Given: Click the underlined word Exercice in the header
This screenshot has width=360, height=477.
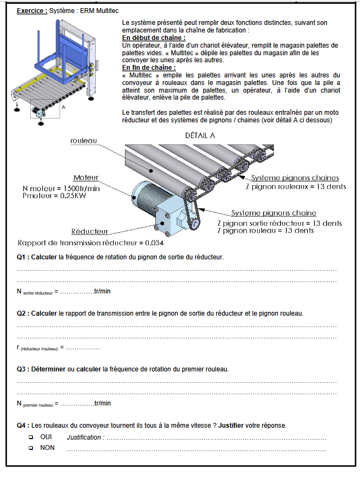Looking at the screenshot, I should coord(31,10).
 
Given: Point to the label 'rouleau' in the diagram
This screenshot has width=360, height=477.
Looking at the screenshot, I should coord(83,141).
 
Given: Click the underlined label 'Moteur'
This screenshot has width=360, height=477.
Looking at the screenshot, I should coord(86,178).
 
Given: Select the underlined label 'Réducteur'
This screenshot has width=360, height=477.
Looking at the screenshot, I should coord(90,231).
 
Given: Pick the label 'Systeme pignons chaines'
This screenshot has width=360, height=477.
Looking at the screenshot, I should coord(295,178).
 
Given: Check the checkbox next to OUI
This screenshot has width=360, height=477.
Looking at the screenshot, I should coord(30,437).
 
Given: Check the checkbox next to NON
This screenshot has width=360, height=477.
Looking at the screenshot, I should coord(30,448).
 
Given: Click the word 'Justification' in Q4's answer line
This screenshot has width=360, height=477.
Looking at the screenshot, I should coord(84,437).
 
